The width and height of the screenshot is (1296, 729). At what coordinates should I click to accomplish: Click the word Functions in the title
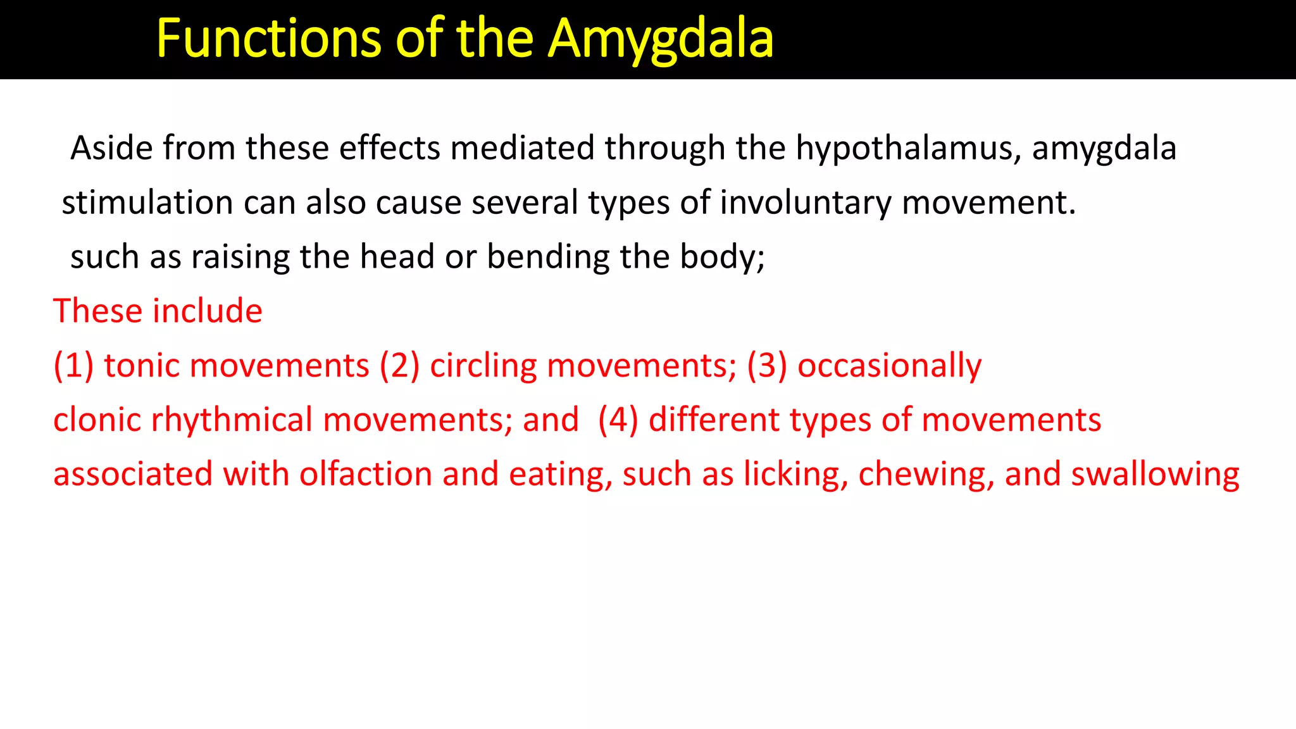click(268, 39)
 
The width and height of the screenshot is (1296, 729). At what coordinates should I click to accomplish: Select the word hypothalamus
click(909, 149)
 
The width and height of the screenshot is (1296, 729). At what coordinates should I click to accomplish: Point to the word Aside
click(111, 148)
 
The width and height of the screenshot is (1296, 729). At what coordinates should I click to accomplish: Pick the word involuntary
click(806, 203)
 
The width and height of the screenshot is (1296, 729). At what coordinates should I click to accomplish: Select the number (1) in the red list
click(73, 366)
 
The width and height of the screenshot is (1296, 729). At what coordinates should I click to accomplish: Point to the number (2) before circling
click(399, 366)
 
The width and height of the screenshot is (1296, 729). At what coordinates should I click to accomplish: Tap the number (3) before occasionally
click(767, 366)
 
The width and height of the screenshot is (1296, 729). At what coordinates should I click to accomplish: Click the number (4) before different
click(618, 420)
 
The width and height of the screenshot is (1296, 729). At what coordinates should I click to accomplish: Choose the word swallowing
click(1155, 475)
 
